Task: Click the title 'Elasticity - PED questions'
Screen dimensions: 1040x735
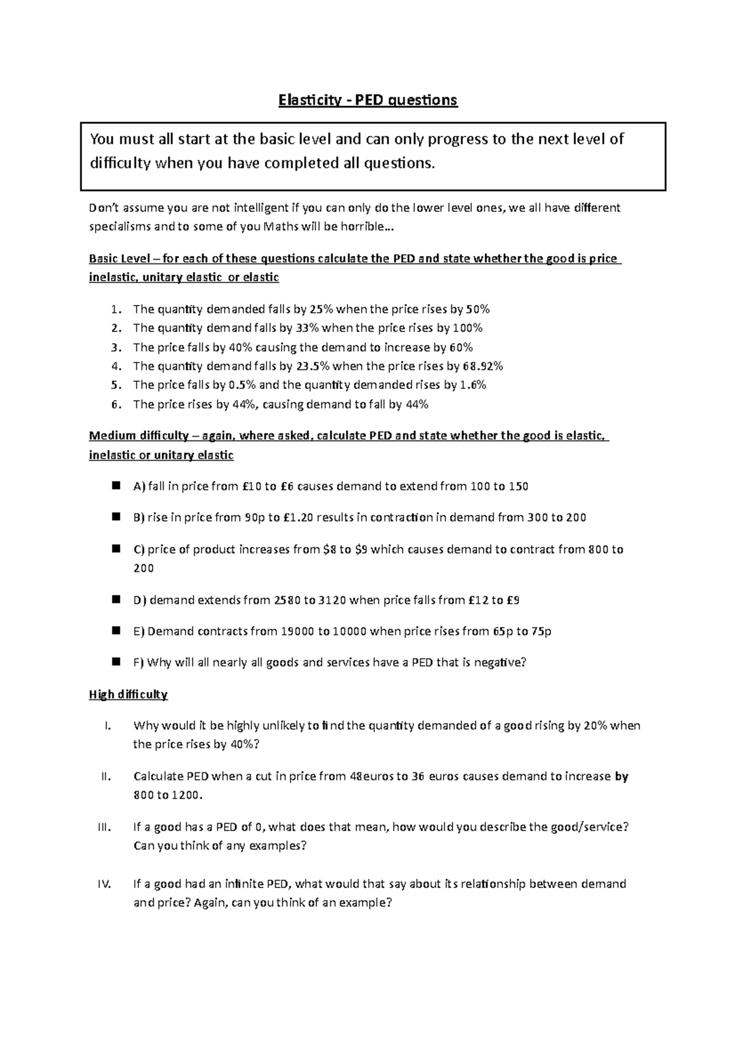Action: tap(367, 100)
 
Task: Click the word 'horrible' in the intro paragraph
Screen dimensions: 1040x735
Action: tap(362, 227)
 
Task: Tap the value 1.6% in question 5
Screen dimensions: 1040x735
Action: tap(472, 385)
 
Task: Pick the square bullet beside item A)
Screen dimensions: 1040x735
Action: tap(115, 486)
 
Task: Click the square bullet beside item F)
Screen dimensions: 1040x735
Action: tap(115, 661)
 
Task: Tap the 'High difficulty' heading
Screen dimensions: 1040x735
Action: tap(128, 695)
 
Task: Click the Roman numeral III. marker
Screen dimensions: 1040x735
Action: tap(105, 827)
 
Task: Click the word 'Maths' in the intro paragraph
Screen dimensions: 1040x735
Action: tap(279, 227)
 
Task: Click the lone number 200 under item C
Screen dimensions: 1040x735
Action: tap(143, 568)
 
